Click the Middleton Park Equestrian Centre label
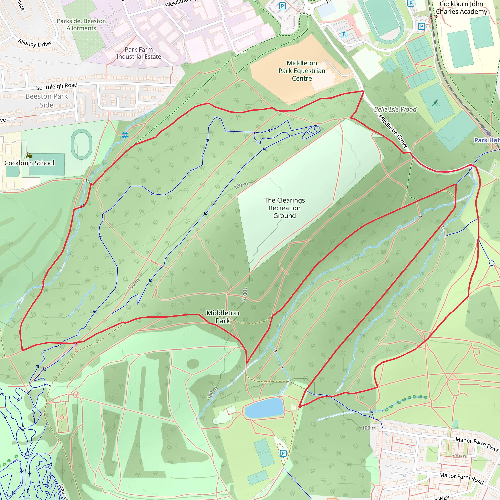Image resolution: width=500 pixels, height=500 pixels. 302,71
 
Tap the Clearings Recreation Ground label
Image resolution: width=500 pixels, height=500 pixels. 284,208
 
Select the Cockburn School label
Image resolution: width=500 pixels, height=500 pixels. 30,163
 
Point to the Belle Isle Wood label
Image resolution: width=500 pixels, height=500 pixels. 395,109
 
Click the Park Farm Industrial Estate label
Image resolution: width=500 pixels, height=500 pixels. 139,53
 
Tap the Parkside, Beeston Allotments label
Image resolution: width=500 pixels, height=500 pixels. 81,25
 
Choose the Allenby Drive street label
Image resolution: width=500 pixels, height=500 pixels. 34,43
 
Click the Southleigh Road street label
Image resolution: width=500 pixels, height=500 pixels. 57,86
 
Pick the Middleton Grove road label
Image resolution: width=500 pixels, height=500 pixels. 393,131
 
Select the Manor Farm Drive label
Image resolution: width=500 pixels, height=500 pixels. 477,444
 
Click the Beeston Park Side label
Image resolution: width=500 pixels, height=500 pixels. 47,101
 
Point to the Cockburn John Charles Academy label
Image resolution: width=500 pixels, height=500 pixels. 461,8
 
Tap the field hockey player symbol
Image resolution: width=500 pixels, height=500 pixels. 437,103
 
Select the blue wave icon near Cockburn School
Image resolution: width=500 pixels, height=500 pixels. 125,135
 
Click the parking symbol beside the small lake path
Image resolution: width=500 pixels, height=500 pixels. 283,453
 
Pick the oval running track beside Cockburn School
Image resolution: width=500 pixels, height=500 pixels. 82,144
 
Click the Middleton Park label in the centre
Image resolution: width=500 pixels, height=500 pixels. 223,317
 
